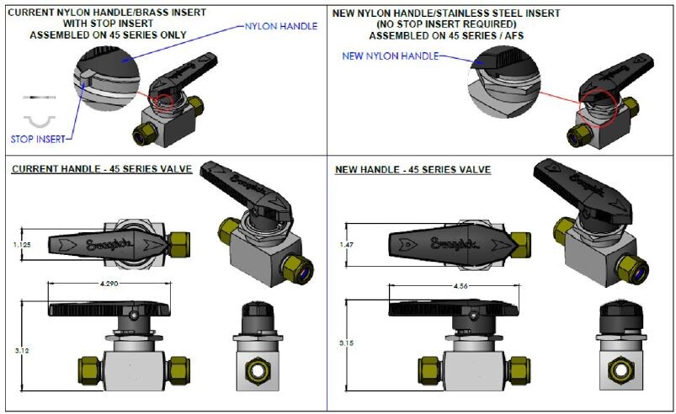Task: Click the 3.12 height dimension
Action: pos(22,349)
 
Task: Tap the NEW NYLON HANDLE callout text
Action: pos(391,56)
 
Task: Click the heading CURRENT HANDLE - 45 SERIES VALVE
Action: pos(102,169)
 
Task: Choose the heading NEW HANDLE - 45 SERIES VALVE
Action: pos(413,169)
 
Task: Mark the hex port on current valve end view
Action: pos(257,371)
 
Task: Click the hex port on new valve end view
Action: pos(621,369)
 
